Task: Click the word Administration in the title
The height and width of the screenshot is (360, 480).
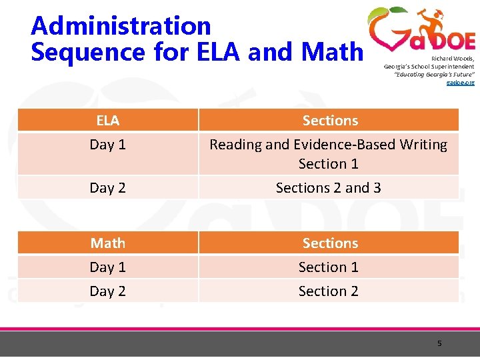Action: [121, 26]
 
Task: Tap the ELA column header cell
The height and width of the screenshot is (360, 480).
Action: [107, 121]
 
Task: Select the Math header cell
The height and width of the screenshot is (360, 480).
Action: [107, 243]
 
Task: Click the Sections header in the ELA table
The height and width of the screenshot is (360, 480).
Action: [330, 121]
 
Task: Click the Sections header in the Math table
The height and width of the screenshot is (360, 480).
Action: [330, 243]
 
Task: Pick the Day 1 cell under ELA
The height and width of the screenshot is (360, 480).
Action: [107, 145]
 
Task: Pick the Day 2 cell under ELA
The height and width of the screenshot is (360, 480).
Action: [107, 188]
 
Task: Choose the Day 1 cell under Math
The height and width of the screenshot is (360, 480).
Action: [107, 267]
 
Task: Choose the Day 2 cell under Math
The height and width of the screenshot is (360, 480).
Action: [107, 291]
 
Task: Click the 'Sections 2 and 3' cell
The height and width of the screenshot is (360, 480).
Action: [329, 188]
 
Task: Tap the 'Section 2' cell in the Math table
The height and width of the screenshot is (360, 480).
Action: [329, 291]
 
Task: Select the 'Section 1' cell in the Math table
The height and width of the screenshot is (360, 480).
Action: [329, 267]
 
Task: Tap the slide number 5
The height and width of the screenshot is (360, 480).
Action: [439, 343]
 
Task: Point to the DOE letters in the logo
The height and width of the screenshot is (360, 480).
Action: [451, 41]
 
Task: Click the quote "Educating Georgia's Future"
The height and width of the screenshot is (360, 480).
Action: [434, 74]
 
